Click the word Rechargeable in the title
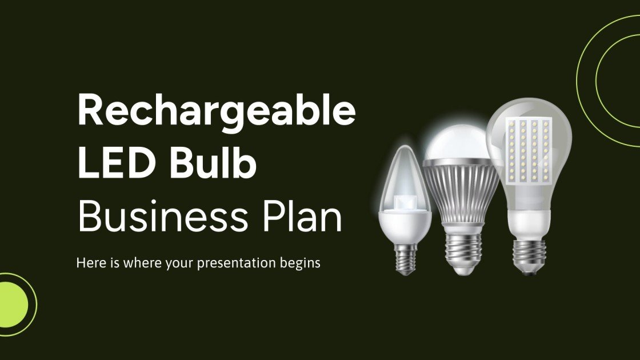(216, 111)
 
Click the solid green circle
(13, 301)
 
